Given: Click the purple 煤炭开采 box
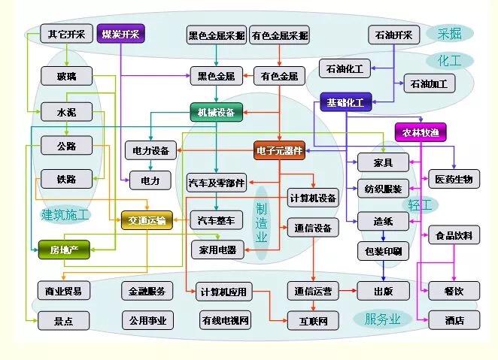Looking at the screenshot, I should click(120, 34).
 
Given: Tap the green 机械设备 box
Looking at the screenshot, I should click(216, 113).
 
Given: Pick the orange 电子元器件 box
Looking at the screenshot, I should click(279, 151).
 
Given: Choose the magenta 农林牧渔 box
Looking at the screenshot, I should click(421, 133).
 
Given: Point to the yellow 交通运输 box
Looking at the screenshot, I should click(147, 220).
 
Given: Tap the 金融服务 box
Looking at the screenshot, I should click(147, 291).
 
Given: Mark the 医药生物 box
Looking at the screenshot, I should click(454, 179).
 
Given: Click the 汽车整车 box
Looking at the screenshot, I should click(216, 220).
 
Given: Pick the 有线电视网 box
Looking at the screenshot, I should click(224, 321).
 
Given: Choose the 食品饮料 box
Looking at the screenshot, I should click(454, 235).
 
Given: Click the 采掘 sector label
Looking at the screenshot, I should click(449, 33).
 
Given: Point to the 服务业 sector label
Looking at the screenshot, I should click(383, 319).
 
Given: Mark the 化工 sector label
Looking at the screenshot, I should click(449, 60).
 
